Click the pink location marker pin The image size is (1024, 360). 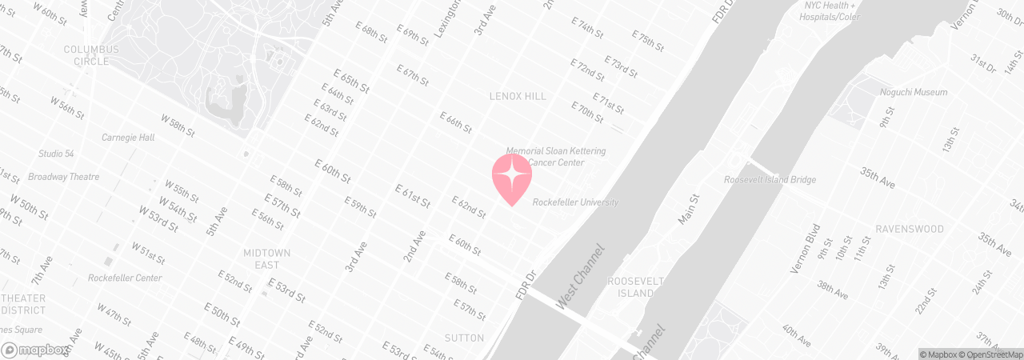pos(512,178)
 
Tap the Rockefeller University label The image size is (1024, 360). pos(575,202)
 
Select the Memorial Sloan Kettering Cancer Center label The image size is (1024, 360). pos(555,157)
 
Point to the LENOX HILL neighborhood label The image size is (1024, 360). pos(518,97)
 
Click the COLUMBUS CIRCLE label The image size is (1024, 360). pos(91,55)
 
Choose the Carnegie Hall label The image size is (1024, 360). pos(128,138)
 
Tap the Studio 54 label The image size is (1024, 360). pos(56,154)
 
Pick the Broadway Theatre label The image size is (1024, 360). pos(63,177)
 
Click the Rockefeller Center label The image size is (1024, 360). pos(125,278)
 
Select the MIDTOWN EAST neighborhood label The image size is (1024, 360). pos(266,258)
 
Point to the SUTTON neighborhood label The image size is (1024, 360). pos(464,338)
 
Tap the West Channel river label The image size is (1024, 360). pos(580,278)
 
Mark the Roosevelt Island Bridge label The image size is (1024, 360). pos(770,180)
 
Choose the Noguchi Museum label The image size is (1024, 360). pos(913,93)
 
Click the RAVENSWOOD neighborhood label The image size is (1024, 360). pos(909,229)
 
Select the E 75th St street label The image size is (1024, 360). pos(648,41)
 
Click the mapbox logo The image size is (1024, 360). pos(35,350)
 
